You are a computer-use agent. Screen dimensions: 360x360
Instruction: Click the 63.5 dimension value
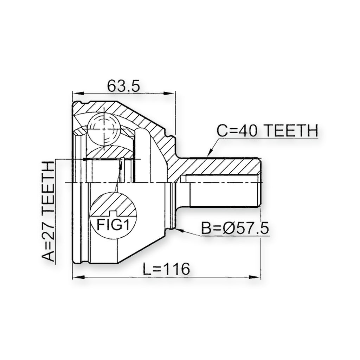coord(123,86)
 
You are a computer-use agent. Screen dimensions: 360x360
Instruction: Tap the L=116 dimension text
coord(166,269)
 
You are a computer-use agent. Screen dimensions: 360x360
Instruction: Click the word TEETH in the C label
coord(290,130)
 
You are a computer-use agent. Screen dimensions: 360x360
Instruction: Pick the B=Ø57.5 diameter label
coord(234,228)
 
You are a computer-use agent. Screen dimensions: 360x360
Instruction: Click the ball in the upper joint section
coord(104,129)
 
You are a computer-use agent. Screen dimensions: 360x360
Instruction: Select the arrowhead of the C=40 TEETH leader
coord(209,154)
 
